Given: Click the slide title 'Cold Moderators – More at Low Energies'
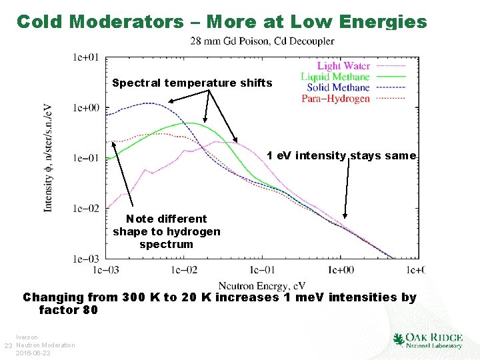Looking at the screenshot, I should (221, 21).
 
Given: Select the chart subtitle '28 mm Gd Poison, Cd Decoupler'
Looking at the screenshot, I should (262, 41).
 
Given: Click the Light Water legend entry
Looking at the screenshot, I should (343, 65).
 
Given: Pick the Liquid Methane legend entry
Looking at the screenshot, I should (335, 77).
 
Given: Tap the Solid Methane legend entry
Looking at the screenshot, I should (338, 87).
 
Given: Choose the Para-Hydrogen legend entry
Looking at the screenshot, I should (335, 99).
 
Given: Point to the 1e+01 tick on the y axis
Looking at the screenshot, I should (87, 57).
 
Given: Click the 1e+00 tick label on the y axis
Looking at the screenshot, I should (87, 107).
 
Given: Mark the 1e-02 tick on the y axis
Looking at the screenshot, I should (87, 209).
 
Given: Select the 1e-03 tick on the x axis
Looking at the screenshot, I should (107, 270).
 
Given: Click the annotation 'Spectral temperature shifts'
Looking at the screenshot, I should (192, 83).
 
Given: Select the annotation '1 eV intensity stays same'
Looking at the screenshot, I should (341, 156).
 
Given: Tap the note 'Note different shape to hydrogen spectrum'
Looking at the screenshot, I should (166, 231).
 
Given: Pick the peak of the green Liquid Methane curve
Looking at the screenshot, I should (190, 123).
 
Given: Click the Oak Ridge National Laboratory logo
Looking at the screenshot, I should (428, 341).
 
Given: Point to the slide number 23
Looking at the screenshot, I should (8, 345).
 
